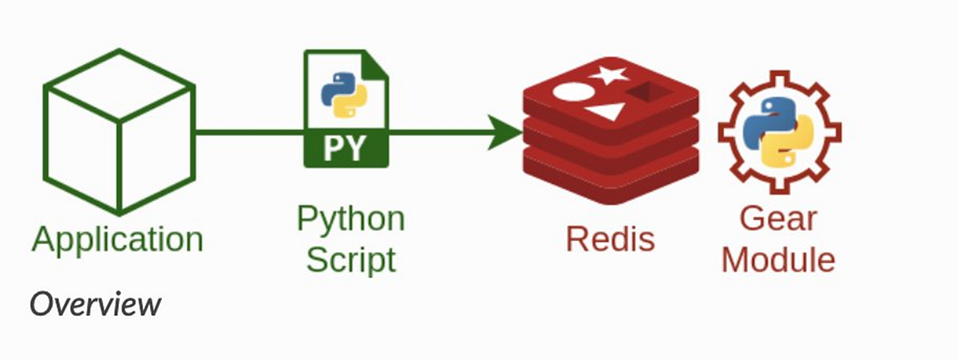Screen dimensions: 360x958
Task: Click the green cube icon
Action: [x=118, y=132]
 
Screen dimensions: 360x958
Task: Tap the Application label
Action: [x=117, y=239]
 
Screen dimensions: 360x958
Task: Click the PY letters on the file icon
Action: [x=345, y=148]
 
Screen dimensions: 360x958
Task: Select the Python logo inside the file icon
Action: [x=338, y=95]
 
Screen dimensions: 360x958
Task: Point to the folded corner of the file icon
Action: [x=376, y=65]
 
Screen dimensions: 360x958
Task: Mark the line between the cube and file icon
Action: [x=247, y=132]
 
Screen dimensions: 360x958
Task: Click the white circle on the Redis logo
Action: [x=571, y=91]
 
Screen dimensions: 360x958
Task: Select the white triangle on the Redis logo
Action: [x=604, y=112]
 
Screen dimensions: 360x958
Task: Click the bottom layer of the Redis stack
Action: [x=611, y=180]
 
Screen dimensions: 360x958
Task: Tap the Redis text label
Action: [x=610, y=239]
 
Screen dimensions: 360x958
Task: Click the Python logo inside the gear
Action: [x=778, y=132]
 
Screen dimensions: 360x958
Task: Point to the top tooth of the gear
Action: [x=778, y=79]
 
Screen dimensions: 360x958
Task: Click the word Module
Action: [x=778, y=259]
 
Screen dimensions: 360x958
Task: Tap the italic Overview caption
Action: [x=96, y=304]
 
